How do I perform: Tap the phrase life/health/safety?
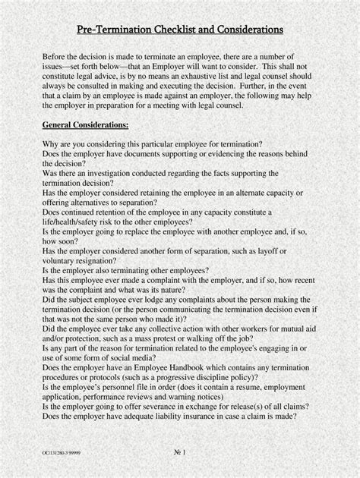[74, 222]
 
